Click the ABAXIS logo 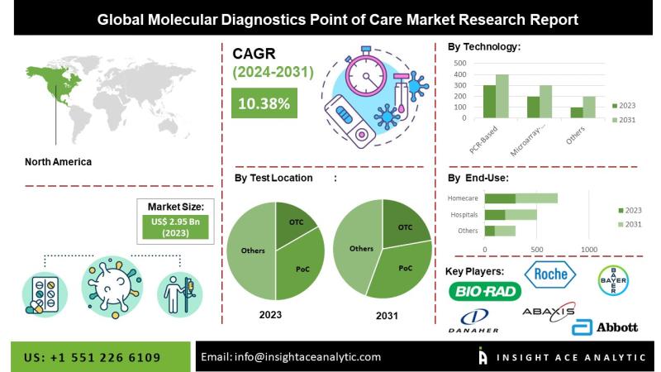[x=547, y=312]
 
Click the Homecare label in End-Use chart [x=463, y=198]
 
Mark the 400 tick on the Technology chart [x=460, y=74]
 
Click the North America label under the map [x=59, y=162]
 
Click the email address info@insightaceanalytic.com [x=292, y=357]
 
